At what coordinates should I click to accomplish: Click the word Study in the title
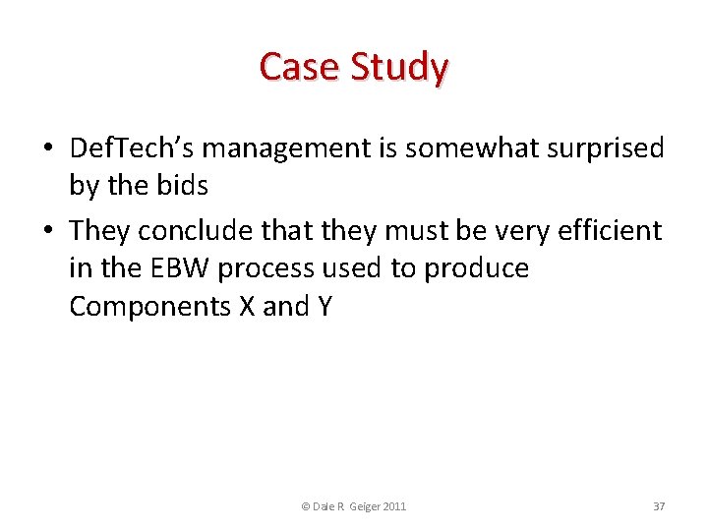click(400, 67)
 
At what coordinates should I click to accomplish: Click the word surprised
click(605, 148)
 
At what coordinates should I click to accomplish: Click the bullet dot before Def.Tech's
click(47, 149)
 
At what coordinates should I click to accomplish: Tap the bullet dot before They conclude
click(47, 231)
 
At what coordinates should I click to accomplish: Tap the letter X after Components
click(248, 306)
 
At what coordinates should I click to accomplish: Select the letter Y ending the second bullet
click(324, 306)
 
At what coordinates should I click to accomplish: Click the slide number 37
click(659, 506)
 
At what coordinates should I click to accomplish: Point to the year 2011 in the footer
click(391, 506)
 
